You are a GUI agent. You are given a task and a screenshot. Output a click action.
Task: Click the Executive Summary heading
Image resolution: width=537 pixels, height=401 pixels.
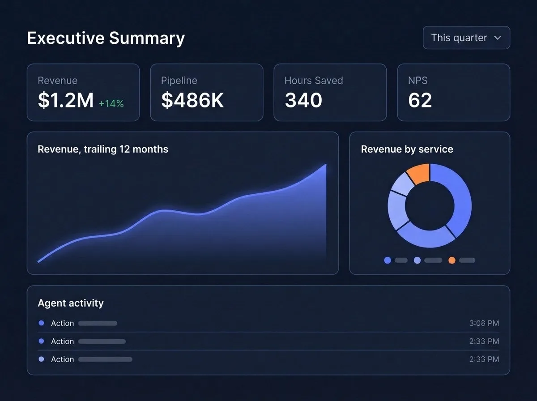point(106,38)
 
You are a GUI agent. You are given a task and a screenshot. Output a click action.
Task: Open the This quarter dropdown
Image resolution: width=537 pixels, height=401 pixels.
point(466,38)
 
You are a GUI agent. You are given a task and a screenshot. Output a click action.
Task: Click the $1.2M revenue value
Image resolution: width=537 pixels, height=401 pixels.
point(66,100)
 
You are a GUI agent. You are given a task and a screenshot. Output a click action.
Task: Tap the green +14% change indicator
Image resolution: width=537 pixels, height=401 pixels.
point(111,103)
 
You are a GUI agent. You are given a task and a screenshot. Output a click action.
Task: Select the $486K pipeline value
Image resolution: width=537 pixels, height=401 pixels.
point(192,100)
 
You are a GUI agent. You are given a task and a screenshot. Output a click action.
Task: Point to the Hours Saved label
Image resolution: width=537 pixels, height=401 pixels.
point(314,81)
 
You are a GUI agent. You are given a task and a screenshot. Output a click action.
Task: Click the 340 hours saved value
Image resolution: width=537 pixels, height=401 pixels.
point(303,100)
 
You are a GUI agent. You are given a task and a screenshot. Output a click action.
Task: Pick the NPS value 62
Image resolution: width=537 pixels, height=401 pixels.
point(420,100)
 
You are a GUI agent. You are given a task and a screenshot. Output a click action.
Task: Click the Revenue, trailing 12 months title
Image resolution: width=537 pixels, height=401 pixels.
point(103,149)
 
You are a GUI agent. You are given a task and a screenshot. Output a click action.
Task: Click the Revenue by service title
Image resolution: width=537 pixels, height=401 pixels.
point(407,149)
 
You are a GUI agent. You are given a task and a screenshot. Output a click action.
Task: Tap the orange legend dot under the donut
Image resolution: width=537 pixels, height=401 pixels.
point(452,260)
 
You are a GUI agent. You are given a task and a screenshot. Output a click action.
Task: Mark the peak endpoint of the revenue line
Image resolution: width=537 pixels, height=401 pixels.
point(326,165)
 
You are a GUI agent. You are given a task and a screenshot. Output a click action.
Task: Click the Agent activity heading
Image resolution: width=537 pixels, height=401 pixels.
point(71,303)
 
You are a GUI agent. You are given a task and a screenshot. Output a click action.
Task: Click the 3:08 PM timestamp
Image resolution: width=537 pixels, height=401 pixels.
point(484,323)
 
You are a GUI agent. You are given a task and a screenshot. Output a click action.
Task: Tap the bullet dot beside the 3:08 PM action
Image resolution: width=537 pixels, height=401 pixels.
point(41,323)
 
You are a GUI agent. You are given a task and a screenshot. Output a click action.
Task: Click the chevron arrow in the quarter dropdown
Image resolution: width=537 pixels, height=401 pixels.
point(497,38)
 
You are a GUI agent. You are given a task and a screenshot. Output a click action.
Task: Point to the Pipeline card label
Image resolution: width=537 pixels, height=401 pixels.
point(179,81)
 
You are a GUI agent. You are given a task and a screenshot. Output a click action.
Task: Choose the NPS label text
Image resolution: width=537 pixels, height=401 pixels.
point(418,81)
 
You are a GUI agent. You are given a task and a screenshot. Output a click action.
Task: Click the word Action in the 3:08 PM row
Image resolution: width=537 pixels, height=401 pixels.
point(62,323)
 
